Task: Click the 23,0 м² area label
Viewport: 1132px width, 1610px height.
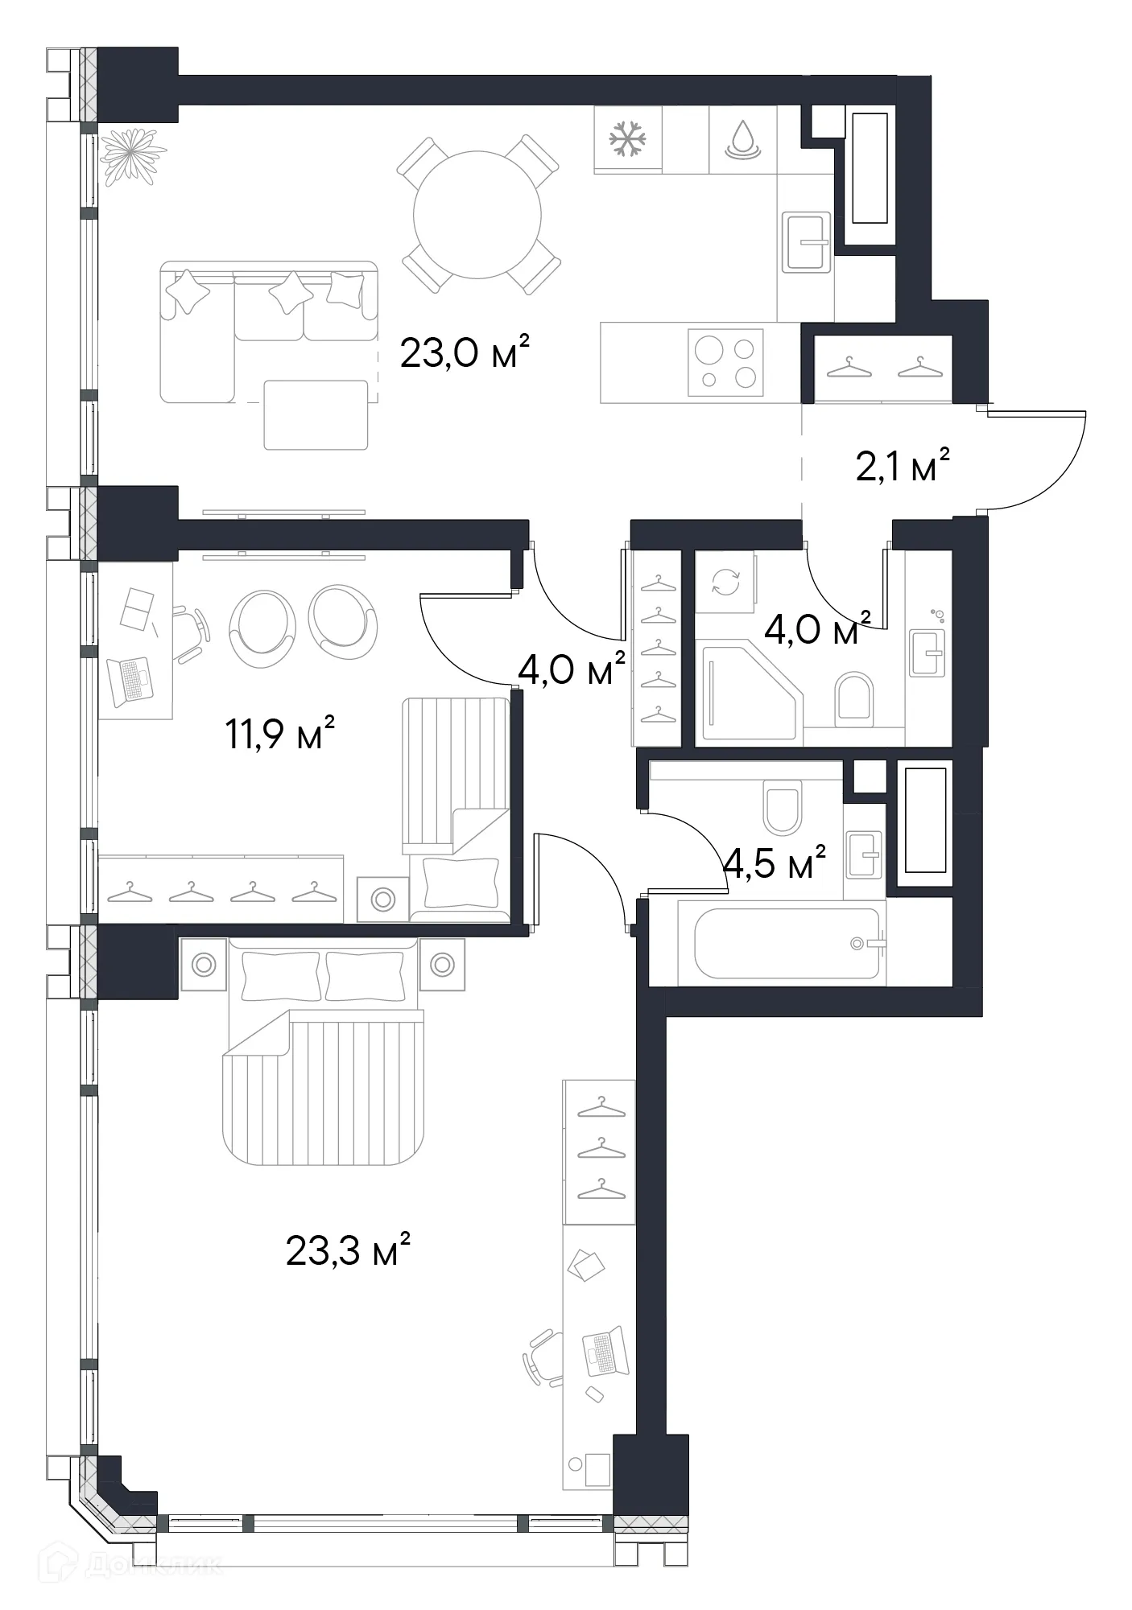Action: tap(465, 352)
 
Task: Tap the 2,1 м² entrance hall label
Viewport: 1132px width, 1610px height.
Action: tap(902, 466)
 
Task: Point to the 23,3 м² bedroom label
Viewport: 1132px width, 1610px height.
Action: tap(348, 1250)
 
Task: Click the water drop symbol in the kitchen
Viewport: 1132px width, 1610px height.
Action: tap(742, 139)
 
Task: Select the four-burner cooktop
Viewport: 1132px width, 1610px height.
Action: tap(725, 362)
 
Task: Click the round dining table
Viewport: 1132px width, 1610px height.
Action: tap(477, 215)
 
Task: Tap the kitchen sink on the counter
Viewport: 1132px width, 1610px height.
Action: tap(806, 242)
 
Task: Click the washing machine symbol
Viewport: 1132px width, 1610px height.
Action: tap(725, 581)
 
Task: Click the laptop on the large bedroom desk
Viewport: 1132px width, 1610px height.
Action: tap(605, 1351)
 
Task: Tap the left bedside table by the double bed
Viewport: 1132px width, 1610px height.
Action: tap(204, 964)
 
